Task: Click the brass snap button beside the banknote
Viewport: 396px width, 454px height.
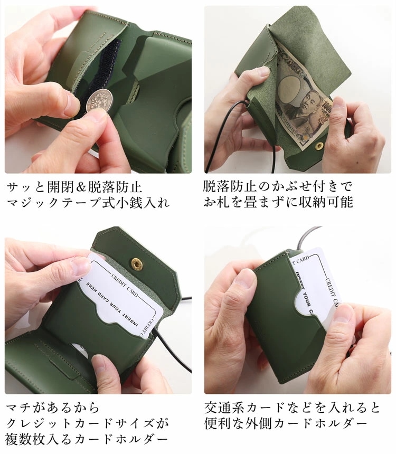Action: [x=319, y=144]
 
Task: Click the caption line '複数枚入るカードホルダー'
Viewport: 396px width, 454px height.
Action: [x=88, y=439]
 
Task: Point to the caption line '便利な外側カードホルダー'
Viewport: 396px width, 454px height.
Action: [x=285, y=423]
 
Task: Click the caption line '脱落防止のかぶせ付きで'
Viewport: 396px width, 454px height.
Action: [x=278, y=187]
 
